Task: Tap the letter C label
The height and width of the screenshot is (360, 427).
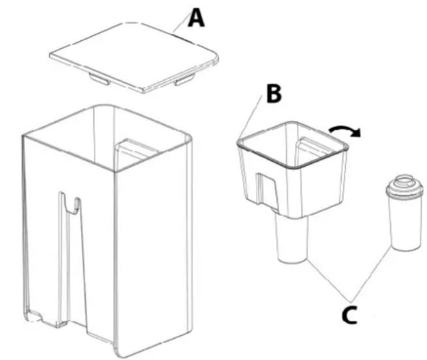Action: (x=349, y=315)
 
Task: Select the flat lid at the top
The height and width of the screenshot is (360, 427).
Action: (x=134, y=57)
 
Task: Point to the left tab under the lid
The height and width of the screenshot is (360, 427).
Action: (x=100, y=78)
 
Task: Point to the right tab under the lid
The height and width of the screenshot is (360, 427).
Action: (x=184, y=80)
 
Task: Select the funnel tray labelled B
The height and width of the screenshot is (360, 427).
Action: (x=293, y=169)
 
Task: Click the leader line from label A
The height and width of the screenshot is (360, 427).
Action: (x=182, y=23)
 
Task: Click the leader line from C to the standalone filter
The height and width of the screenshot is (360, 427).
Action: (x=371, y=274)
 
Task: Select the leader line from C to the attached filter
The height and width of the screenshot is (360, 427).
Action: (x=329, y=280)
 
